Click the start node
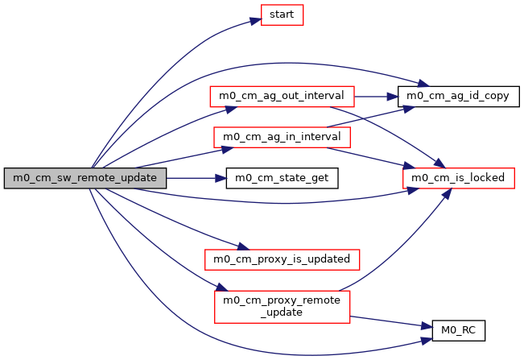pyautogui.click(x=281, y=15)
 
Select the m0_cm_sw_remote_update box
pyautogui.click(x=86, y=177)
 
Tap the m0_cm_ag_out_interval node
pyautogui.click(x=282, y=96)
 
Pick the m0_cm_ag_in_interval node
pyautogui.click(x=282, y=136)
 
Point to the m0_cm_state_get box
pyautogui.click(x=282, y=177)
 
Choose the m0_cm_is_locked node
pyautogui.click(x=458, y=177)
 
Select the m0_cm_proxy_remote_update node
pyautogui.click(x=282, y=305)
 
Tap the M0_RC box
pyautogui.click(x=458, y=329)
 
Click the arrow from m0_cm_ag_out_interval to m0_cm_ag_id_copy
pyautogui.click(x=376, y=96)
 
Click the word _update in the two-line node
pyautogui.click(x=282, y=312)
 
